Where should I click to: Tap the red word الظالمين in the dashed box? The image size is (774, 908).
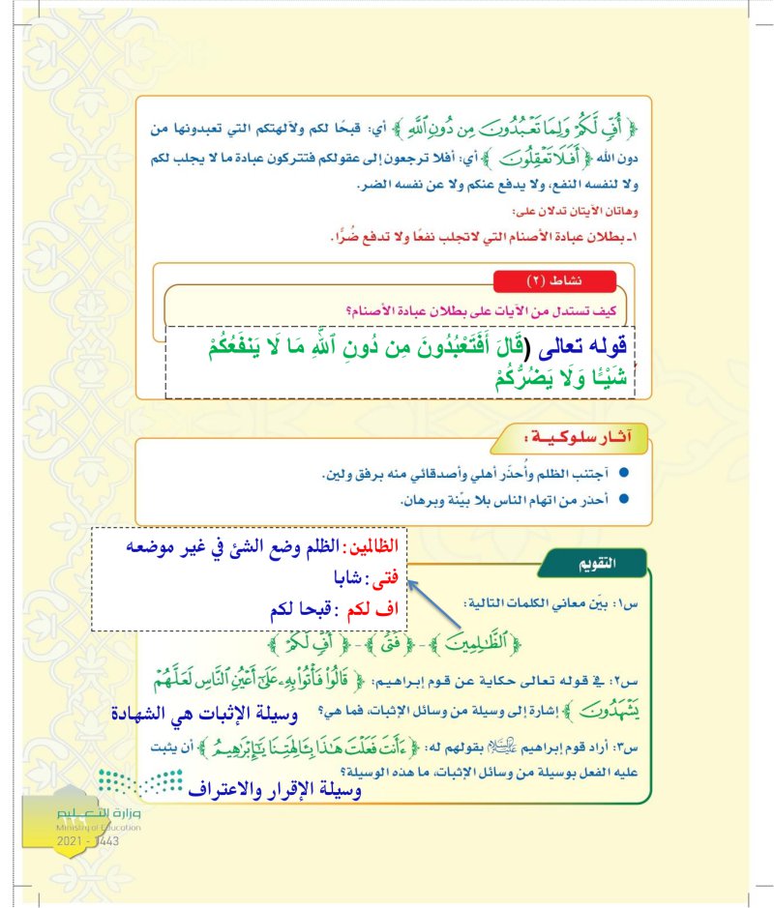pos(372,545)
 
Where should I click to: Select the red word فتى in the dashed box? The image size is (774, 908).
pos(383,583)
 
